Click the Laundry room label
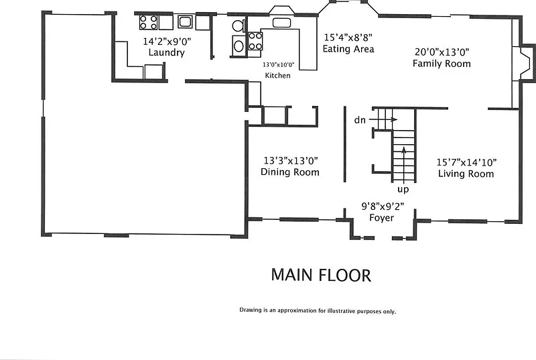(x=166, y=52)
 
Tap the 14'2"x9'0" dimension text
(x=167, y=42)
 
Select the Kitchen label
(x=277, y=76)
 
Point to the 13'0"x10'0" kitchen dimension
(x=278, y=64)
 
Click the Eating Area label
(x=348, y=48)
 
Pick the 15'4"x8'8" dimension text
(x=348, y=37)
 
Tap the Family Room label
(x=442, y=63)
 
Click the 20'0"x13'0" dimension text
(x=442, y=52)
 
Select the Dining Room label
(x=290, y=172)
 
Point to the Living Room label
(x=466, y=174)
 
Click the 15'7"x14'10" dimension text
(x=466, y=162)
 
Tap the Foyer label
(x=381, y=217)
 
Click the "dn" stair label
(x=360, y=120)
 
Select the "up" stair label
(x=403, y=190)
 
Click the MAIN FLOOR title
(x=321, y=276)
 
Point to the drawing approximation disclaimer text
(x=318, y=311)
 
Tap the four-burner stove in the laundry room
(x=148, y=22)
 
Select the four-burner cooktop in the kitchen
(x=255, y=41)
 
